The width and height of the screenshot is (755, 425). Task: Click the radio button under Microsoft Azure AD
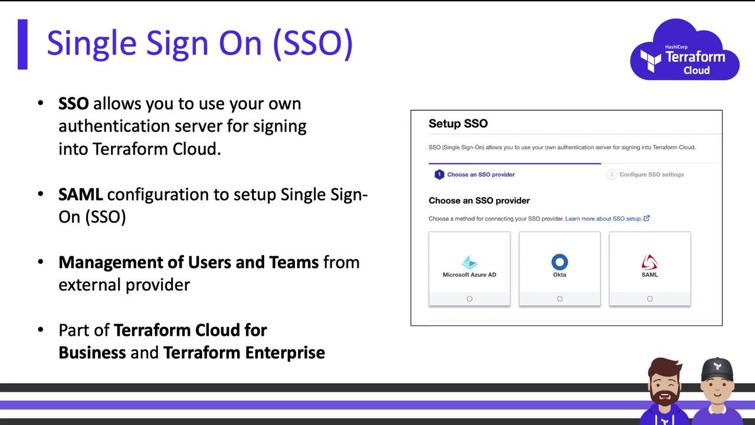[469, 299]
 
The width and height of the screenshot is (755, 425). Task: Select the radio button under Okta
[560, 299]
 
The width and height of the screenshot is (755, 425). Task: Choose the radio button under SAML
[649, 299]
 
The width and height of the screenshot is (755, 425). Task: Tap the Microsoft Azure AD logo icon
[469, 262]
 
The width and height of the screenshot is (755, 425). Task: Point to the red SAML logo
[649, 262]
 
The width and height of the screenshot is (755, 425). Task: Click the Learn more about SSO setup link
[603, 218]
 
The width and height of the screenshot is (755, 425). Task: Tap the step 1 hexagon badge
[439, 174]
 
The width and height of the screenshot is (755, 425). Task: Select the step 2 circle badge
[612, 174]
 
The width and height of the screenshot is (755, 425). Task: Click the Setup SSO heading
[458, 123]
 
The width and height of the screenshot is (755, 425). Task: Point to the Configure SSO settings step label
[652, 174]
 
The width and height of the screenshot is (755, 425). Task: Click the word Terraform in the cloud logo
[695, 57]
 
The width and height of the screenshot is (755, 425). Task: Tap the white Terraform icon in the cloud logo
[651, 61]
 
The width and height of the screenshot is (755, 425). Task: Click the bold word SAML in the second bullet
[81, 195]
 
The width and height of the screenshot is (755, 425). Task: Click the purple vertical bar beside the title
[22, 44]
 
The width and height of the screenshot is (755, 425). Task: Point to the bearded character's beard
[664, 395]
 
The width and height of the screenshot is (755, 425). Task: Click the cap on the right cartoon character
[717, 369]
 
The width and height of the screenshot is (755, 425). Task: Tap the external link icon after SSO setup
[646, 218]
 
